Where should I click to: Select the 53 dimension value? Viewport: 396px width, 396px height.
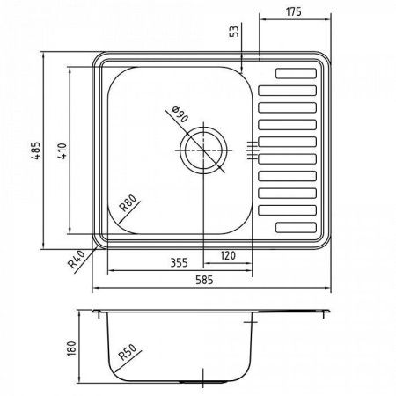point(233,33)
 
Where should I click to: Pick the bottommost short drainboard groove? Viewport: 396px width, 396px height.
point(297,227)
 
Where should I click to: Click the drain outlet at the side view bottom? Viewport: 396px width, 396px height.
point(203,381)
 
